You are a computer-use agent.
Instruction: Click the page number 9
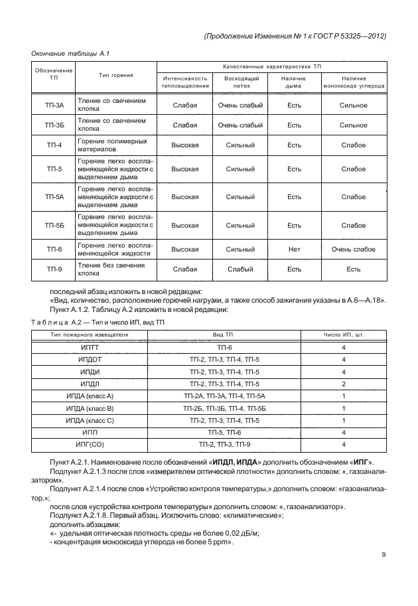383,556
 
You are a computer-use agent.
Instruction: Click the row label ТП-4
54,145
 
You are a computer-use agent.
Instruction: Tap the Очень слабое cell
353,250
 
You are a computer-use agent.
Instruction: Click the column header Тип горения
116,76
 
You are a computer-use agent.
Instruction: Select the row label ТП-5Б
54,225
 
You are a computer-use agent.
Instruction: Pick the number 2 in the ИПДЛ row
344,384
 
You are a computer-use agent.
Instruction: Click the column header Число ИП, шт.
344,335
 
